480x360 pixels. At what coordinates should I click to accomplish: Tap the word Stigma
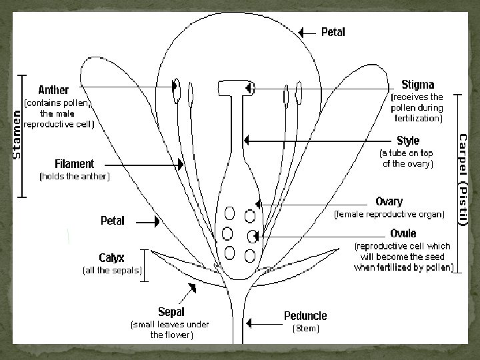[x=417, y=85]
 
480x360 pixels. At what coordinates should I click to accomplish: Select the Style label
[x=407, y=141]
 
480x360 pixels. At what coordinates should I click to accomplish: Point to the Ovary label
[x=389, y=202]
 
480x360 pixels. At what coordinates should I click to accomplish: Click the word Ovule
[x=403, y=233]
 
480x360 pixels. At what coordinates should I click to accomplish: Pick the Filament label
[x=74, y=164]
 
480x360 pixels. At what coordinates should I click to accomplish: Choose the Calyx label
[x=111, y=258]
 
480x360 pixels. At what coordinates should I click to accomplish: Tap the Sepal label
[x=171, y=311]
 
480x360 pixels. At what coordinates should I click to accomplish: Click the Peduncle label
[x=305, y=315]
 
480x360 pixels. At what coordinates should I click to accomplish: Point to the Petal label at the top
[x=333, y=32]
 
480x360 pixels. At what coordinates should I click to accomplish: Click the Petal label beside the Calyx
[x=112, y=221]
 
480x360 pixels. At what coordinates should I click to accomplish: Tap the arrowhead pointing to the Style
[x=247, y=141]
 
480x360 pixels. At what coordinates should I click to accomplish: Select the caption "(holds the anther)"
[x=75, y=177]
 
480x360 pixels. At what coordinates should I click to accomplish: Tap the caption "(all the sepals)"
[x=111, y=270]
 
